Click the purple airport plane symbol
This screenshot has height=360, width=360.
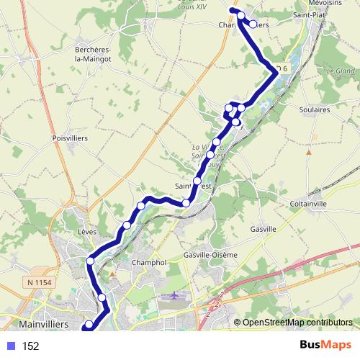[175, 296]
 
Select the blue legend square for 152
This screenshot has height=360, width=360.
[11, 346]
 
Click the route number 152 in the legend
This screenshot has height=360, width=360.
[30, 346]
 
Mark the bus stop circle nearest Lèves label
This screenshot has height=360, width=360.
[91, 260]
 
